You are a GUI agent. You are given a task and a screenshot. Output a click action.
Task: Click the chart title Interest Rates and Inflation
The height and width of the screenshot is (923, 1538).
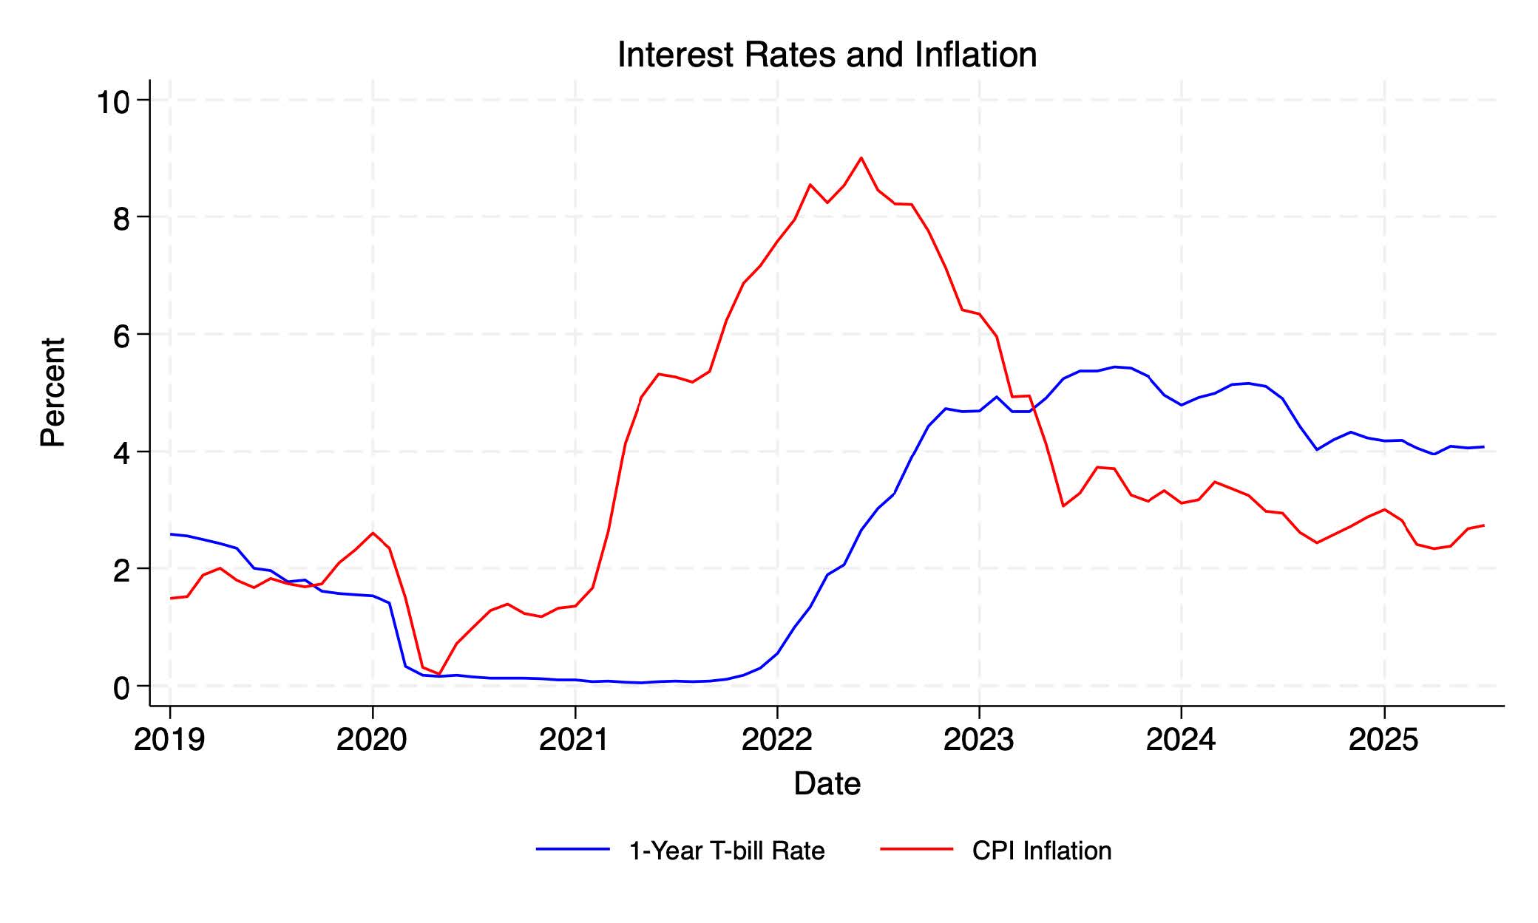point(827,55)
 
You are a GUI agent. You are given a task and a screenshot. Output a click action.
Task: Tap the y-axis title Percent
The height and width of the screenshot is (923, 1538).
point(53,392)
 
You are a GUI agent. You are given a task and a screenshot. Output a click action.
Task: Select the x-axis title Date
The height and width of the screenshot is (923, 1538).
point(827,784)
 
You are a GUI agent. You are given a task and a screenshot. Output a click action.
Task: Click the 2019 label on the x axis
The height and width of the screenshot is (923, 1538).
point(169,740)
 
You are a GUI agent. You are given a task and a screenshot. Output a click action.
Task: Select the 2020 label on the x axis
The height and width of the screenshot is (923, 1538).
point(372,740)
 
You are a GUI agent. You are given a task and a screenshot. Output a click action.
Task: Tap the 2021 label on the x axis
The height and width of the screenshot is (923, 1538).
point(575,740)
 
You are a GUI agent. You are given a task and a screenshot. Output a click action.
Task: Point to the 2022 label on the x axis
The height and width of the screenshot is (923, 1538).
point(776,740)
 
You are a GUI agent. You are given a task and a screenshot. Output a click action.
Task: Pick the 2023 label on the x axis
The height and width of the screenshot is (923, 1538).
point(979,740)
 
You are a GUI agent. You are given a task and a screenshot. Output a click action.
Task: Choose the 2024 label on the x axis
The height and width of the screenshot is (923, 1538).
point(1181,740)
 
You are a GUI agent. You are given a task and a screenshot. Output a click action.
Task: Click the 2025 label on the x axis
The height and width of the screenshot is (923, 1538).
point(1383,740)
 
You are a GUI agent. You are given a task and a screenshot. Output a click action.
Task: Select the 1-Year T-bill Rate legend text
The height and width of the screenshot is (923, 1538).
point(726,851)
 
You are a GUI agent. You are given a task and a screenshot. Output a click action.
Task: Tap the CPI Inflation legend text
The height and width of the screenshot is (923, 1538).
point(1042,851)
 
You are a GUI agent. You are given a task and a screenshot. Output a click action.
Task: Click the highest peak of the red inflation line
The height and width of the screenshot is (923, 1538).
point(861,157)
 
